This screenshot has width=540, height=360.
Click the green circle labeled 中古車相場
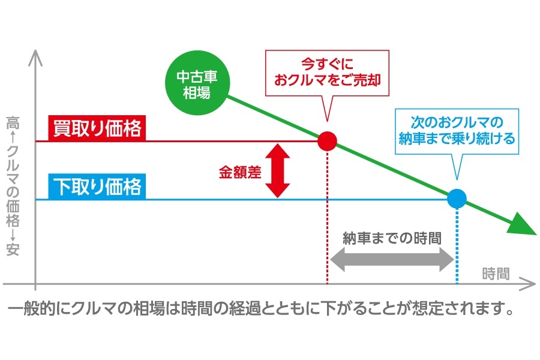[x=197, y=83]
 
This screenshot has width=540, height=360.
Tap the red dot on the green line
[x=327, y=141]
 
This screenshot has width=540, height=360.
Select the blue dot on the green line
[x=457, y=199]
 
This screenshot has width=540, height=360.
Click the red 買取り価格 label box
[x=97, y=128]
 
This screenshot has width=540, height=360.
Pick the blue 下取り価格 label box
[x=97, y=187]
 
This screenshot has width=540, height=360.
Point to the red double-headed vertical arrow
[x=278, y=170]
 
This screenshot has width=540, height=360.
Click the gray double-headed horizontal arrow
[x=392, y=259]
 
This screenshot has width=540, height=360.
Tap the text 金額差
[x=240, y=172]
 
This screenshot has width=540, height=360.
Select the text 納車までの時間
[x=392, y=238]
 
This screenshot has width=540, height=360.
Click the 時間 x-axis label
[x=496, y=274]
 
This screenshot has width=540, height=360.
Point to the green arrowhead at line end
[x=522, y=224]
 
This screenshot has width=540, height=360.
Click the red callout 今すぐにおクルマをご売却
[x=327, y=73]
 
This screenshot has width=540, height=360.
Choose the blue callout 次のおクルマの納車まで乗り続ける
[x=457, y=131]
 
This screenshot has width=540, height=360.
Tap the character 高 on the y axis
[x=13, y=123]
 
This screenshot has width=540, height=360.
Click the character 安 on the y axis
[x=13, y=250]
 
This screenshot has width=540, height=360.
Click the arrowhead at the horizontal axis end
[x=528, y=284]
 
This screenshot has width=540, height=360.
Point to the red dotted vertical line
[x=327, y=217]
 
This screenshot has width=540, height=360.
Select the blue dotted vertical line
[x=457, y=246]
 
